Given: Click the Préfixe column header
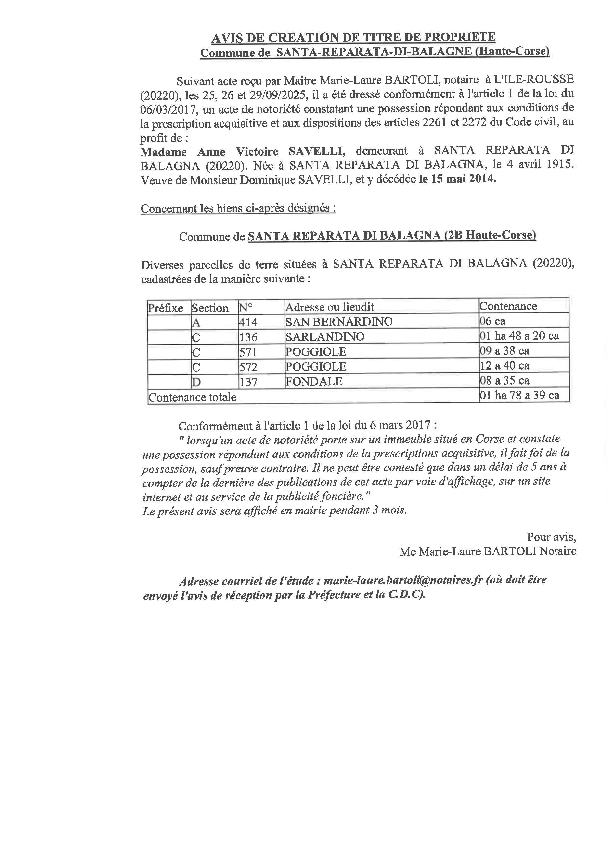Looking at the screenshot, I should coord(166,308).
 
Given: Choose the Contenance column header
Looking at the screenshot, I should coord(508,306).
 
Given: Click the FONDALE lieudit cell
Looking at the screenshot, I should coord(314,381).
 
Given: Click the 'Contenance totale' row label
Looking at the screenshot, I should coord(193,397).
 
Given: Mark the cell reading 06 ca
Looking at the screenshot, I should coord(492,321).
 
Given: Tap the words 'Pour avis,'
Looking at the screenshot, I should coord(551,537).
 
